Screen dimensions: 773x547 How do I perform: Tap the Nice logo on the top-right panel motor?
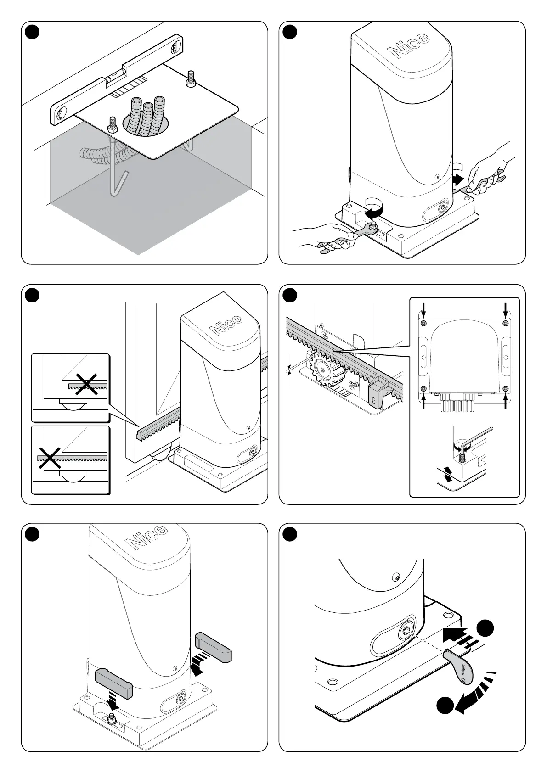(x=412, y=44)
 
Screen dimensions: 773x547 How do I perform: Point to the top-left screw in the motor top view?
(x=423, y=324)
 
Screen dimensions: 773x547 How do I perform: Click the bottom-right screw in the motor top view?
(x=506, y=389)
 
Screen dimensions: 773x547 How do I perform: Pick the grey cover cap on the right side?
(x=214, y=647)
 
